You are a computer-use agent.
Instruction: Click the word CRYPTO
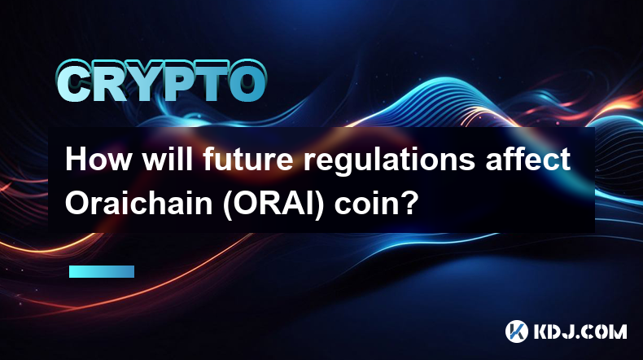[x=162, y=81]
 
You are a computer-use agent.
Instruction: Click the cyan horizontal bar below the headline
[x=102, y=271]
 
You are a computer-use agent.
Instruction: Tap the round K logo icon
[x=516, y=331]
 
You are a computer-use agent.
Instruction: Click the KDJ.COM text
[x=580, y=331]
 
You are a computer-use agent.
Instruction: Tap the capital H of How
[x=77, y=160]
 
